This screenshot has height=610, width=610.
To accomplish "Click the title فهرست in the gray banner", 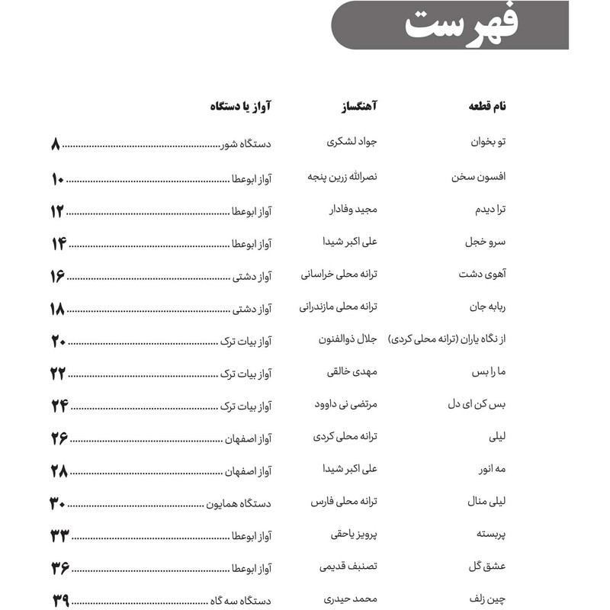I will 461,26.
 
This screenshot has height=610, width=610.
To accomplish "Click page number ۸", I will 55,144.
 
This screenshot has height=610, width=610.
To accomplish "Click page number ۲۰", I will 59,341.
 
